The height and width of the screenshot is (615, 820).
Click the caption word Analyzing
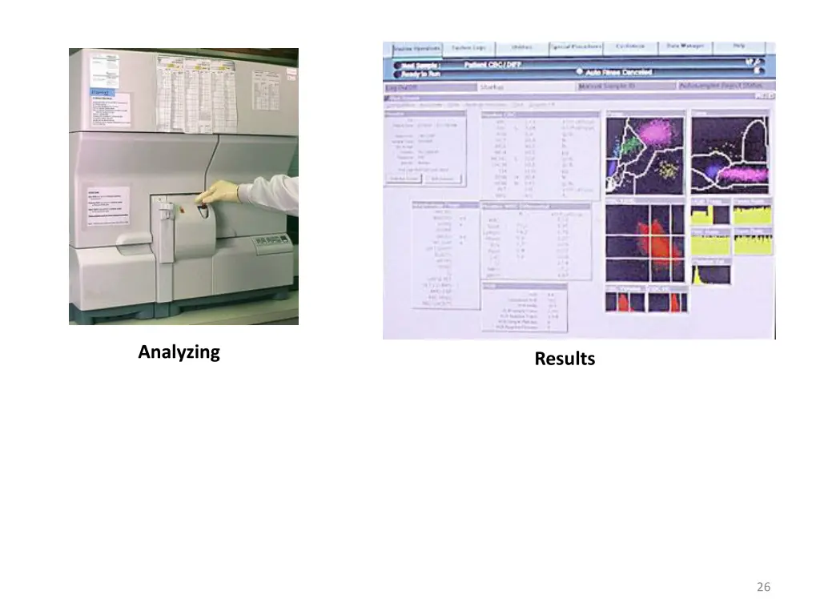click(x=179, y=352)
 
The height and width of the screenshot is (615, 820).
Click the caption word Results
click(x=565, y=359)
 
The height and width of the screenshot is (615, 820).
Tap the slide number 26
click(x=763, y=587)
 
